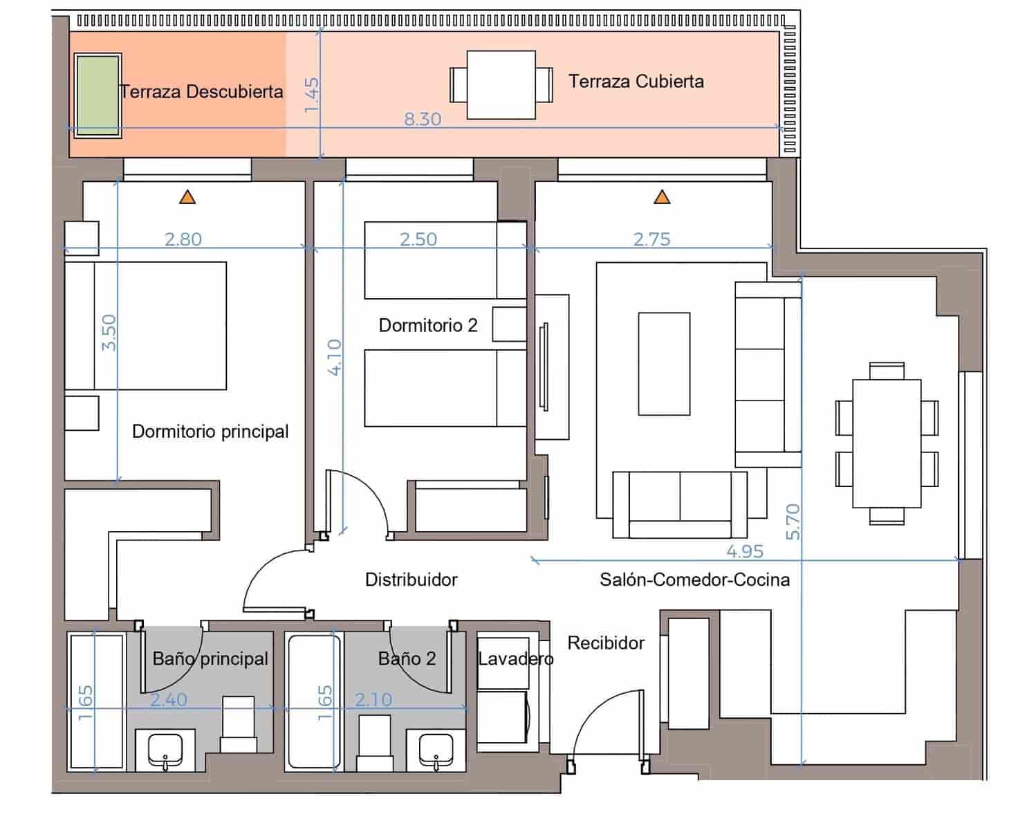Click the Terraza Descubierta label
pos(201,92)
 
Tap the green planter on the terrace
pos(98,95)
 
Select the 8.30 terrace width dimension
pos(423,120)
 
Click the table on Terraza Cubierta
pos(501,84)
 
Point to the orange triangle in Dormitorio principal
pos(187,198)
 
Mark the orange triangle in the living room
pos(662,198)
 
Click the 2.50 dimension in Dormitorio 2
pos(418,239)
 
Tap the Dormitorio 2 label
pos(428,325)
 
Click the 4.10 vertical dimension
pos(335,357)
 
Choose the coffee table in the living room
pos(664,364)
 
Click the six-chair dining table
pos(887,443)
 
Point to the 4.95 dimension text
pos(745,552)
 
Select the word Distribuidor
pos(411,580)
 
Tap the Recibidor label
pos(606,643)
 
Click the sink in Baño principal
pos(165,750)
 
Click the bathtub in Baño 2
pos(315,701)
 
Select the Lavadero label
pos(515,659)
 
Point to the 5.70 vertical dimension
pos(793,522)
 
